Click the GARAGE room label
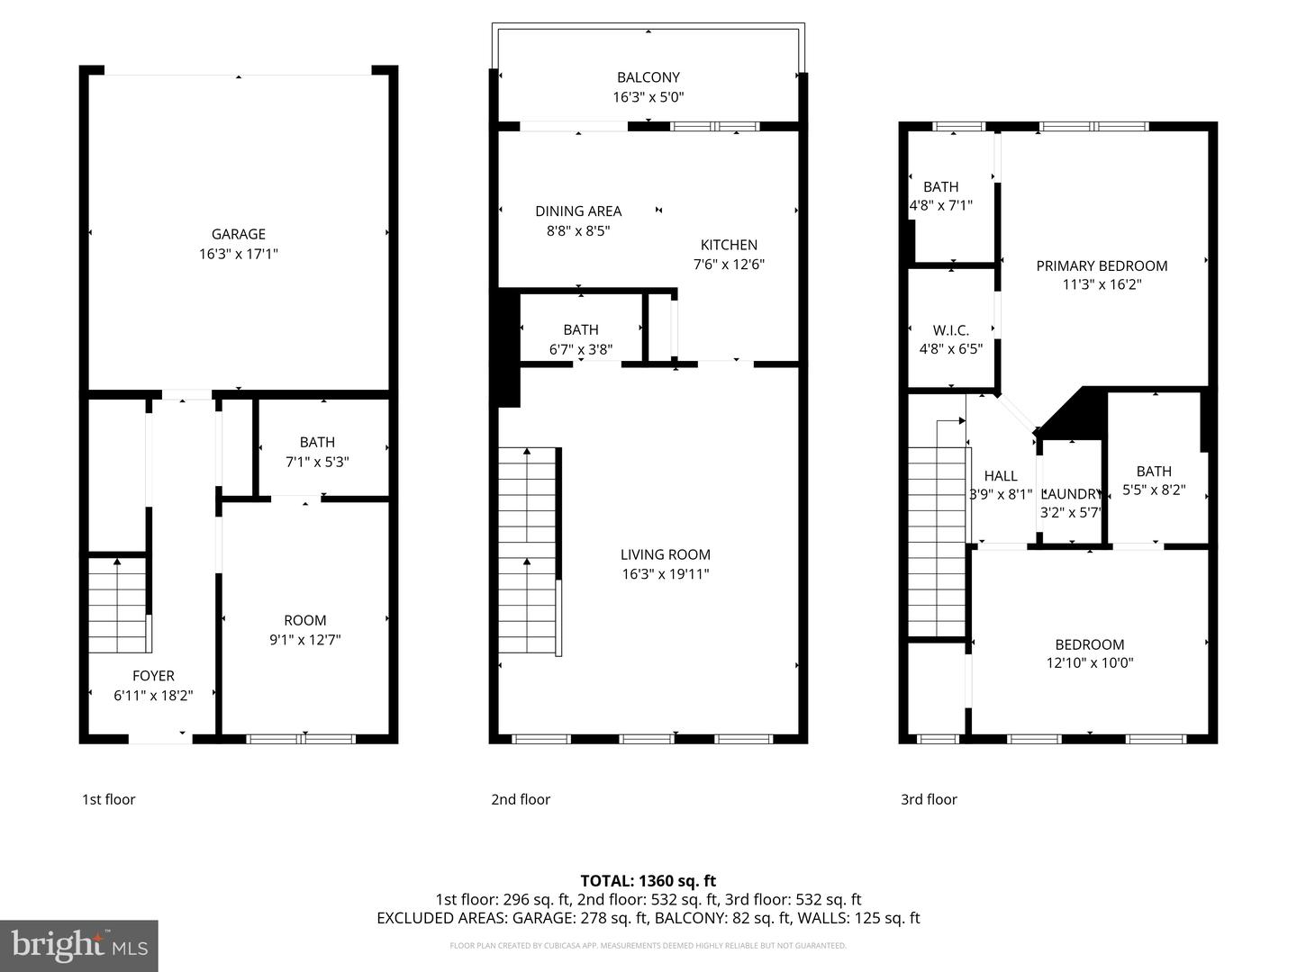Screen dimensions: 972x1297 point(239,234)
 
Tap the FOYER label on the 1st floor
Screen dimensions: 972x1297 point(153,676)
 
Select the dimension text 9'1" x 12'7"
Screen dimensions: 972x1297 point(305,640)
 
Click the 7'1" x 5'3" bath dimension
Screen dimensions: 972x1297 point(317,462)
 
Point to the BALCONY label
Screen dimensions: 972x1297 point(648,77)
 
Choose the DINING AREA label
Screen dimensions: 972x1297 point(578,211)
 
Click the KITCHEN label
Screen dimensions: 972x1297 point(729,245)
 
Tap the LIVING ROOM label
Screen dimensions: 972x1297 point(666,554)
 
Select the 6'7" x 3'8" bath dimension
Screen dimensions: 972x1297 point(581,349)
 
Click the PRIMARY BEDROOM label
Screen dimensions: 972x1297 point(1102,265)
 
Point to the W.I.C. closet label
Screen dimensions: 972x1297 point(951,330)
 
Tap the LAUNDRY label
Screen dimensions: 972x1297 point(1071,494)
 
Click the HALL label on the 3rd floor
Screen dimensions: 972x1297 point(1001,476)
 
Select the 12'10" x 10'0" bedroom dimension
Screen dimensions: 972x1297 point(1090,663)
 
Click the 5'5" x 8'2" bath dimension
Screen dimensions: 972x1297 point(1154,490)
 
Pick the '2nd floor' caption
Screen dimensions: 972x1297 point(521,799)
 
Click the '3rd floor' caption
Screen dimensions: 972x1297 point(929,799)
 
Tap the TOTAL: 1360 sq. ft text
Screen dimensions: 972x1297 point(648,880)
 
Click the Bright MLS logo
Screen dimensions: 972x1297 point(79,945)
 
